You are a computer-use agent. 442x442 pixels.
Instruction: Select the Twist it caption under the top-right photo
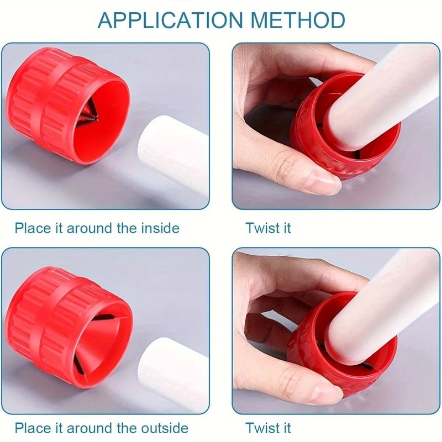pyautogui.click(x=269, y=228)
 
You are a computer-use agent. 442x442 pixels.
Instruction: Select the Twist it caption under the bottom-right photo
pyautogui.click(x=269, y=428)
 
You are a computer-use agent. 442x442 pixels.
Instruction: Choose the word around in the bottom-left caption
pyautogui.click(x=88, y=428)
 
